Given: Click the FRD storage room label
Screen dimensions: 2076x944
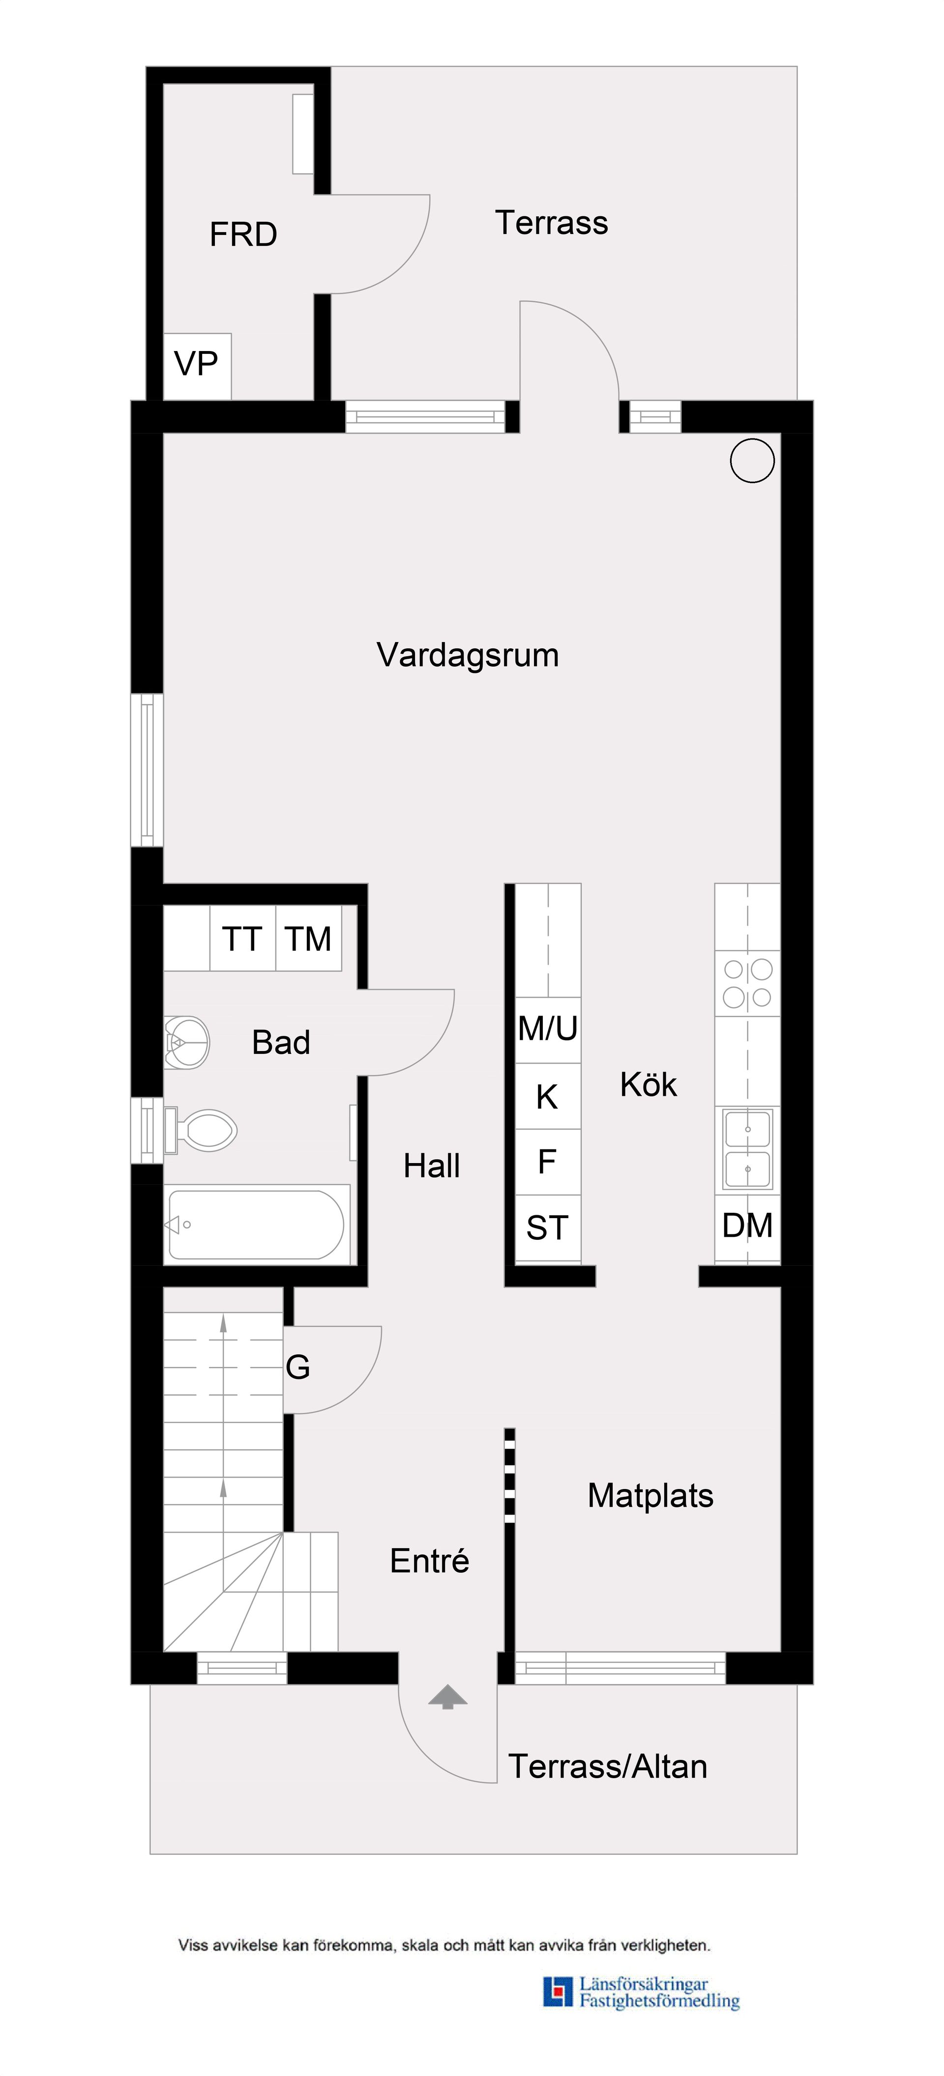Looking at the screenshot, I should pos(243,234).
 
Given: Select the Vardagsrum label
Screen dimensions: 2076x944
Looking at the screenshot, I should pos(468,655).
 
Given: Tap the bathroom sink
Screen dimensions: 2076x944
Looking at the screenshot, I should pos(186,1042).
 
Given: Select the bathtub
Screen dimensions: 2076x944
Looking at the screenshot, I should pos(256,1224).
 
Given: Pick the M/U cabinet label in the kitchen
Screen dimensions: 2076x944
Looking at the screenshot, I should pos(547,1029).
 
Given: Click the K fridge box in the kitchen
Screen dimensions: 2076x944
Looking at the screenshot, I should pos(547,1097).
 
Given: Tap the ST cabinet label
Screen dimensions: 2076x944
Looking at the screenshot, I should pos(547,1228).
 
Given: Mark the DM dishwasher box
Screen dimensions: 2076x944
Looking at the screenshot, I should pos(747,1226).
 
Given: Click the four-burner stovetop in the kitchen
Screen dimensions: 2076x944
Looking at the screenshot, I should pos(747,983).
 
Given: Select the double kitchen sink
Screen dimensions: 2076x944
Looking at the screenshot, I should pos(747,1148).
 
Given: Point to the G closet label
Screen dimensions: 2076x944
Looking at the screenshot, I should pos(297,1367).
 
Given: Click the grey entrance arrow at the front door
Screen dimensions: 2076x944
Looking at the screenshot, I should pos(447,1696).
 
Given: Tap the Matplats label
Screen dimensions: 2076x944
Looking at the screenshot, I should pos(650,1496).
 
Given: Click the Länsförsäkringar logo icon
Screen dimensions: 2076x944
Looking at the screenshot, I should pos(557,1991).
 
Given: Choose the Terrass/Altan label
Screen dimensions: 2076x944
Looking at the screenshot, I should pos(608,1766).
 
